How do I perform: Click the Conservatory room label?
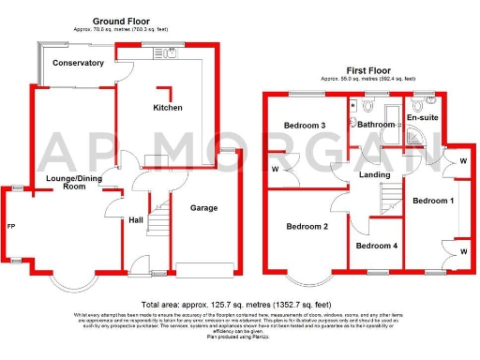tap(78, 63)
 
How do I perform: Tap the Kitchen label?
tap(168, 108)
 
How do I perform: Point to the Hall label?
tap(136, 220)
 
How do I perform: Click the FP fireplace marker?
tap(10, 226)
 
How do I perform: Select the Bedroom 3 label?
tap(305, 126)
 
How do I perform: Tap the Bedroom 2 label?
tap(307, 226)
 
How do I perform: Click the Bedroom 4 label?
tap(376, 246)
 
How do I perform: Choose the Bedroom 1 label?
tap(434, 201)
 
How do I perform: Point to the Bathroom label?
tap(376, 125)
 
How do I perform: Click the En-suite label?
tap(422, 116)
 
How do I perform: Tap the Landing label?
tap(375, 173)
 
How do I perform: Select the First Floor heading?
tap(368, 70)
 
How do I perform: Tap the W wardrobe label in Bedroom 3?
tap(276, 170)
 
